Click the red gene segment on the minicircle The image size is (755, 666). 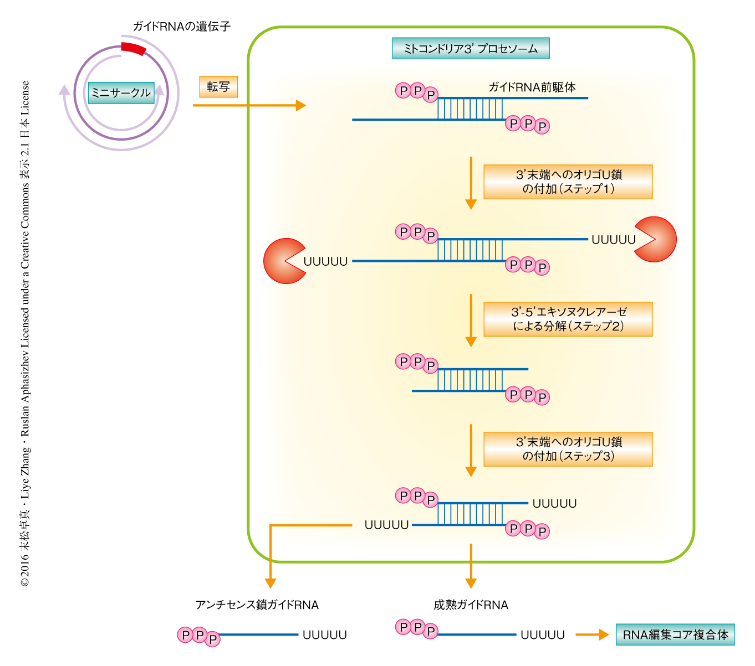pos(134,49)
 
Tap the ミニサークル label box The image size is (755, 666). pos(121,92)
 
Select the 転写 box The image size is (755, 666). pos(218,86)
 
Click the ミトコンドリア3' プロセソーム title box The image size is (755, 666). pos(471,49)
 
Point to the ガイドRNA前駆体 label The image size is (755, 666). pos(532,87)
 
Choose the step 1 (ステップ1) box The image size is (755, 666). pos(568,182)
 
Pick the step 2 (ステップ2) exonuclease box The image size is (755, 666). pos(568,319)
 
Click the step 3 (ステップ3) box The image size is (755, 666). pos(568,449)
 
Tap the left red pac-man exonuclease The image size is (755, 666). pos(283,261)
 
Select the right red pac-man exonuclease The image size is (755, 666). pos(656,239)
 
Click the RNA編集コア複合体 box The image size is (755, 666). pos(675,635)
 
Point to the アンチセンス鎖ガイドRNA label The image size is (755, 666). pos(257,605)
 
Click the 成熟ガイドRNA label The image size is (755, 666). pos(471,605)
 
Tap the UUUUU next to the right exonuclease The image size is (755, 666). pos(614,240)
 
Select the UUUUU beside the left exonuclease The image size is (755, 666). pos(325,261)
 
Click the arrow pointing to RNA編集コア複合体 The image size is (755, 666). pos(592,635)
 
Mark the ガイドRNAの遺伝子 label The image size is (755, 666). pos(181,26)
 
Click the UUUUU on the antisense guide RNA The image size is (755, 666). pos(324,635)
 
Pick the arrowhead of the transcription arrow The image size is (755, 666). pos(301,105)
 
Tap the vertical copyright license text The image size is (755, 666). pos(25,332)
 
